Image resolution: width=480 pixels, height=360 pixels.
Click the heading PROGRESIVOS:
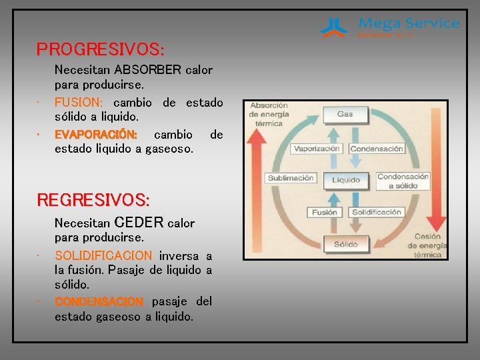[100, 50]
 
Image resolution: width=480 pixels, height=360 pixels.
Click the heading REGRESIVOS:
[93, 200]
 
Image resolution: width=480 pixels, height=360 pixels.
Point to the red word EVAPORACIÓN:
[96, 135]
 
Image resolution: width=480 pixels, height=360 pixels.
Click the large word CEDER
[139, 222]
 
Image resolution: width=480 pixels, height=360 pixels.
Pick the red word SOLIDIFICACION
[103, 256]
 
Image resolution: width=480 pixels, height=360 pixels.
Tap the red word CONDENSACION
[99, 301]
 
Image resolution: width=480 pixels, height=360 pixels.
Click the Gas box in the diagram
[345, 114]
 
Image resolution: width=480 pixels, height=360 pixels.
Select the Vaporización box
[317, 149]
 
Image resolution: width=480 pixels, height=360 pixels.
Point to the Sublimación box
[291, 178]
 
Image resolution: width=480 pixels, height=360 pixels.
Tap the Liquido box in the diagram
[346, 179]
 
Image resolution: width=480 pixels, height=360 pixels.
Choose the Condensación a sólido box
[403, 181]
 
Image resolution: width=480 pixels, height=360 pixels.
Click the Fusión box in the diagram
[325, 212]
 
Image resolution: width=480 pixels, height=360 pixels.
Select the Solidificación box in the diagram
[377, 212]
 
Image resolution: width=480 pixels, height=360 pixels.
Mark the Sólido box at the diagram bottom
[345, 244]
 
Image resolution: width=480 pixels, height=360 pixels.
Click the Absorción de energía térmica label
[269, 113]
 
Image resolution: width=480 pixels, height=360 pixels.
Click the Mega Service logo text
[409, 23]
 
